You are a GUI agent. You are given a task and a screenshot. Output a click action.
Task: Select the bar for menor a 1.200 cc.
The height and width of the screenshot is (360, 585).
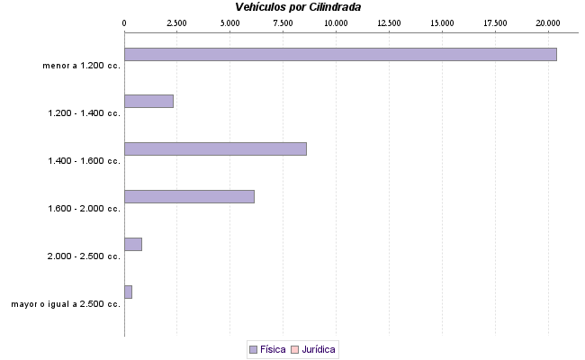click(340, 54)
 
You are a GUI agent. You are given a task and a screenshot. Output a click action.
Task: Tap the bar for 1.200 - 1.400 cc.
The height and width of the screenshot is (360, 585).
click(148, 102)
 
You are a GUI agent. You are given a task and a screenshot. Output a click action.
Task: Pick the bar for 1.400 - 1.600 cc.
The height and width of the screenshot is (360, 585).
click(215, 148)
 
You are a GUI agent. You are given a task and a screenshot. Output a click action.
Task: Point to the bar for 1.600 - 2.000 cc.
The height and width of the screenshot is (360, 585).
click(189, 196)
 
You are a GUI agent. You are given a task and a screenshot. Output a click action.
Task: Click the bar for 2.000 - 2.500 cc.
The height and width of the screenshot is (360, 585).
click(133, 244)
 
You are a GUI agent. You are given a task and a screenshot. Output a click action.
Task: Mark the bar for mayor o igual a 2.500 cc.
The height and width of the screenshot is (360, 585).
click(128, 292)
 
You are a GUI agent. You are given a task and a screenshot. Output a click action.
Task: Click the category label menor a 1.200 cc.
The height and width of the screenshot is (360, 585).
click(81, 66)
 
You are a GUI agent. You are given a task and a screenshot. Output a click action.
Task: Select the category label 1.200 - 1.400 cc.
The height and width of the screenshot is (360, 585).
click(84, 113)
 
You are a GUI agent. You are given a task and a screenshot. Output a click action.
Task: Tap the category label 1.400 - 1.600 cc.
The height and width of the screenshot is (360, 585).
click(84, 161)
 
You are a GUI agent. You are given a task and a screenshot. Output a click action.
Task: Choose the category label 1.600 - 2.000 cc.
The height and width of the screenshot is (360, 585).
click(84, 209)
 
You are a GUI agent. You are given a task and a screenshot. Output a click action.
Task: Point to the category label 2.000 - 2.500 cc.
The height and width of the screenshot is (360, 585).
click(84, 256)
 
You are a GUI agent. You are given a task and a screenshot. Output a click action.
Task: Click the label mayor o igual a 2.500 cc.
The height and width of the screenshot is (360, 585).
click(66, 304)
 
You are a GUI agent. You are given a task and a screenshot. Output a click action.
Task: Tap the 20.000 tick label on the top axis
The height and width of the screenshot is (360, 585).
click(547, 22)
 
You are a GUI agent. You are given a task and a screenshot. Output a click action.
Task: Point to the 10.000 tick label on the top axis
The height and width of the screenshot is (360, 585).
click(336, 22)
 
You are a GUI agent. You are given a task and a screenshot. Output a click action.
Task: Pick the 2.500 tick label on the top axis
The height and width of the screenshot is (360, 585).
click(176, 22)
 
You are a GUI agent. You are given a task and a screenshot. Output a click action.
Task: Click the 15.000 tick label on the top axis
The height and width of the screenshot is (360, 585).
click(441, 22)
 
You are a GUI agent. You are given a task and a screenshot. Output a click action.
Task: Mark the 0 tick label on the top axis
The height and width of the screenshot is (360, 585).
click(124, 22)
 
